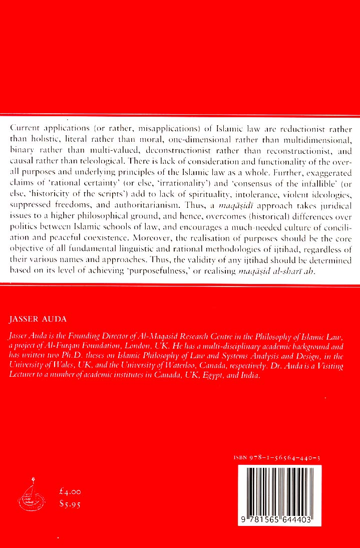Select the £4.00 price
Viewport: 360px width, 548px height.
(x=69, y=493)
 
